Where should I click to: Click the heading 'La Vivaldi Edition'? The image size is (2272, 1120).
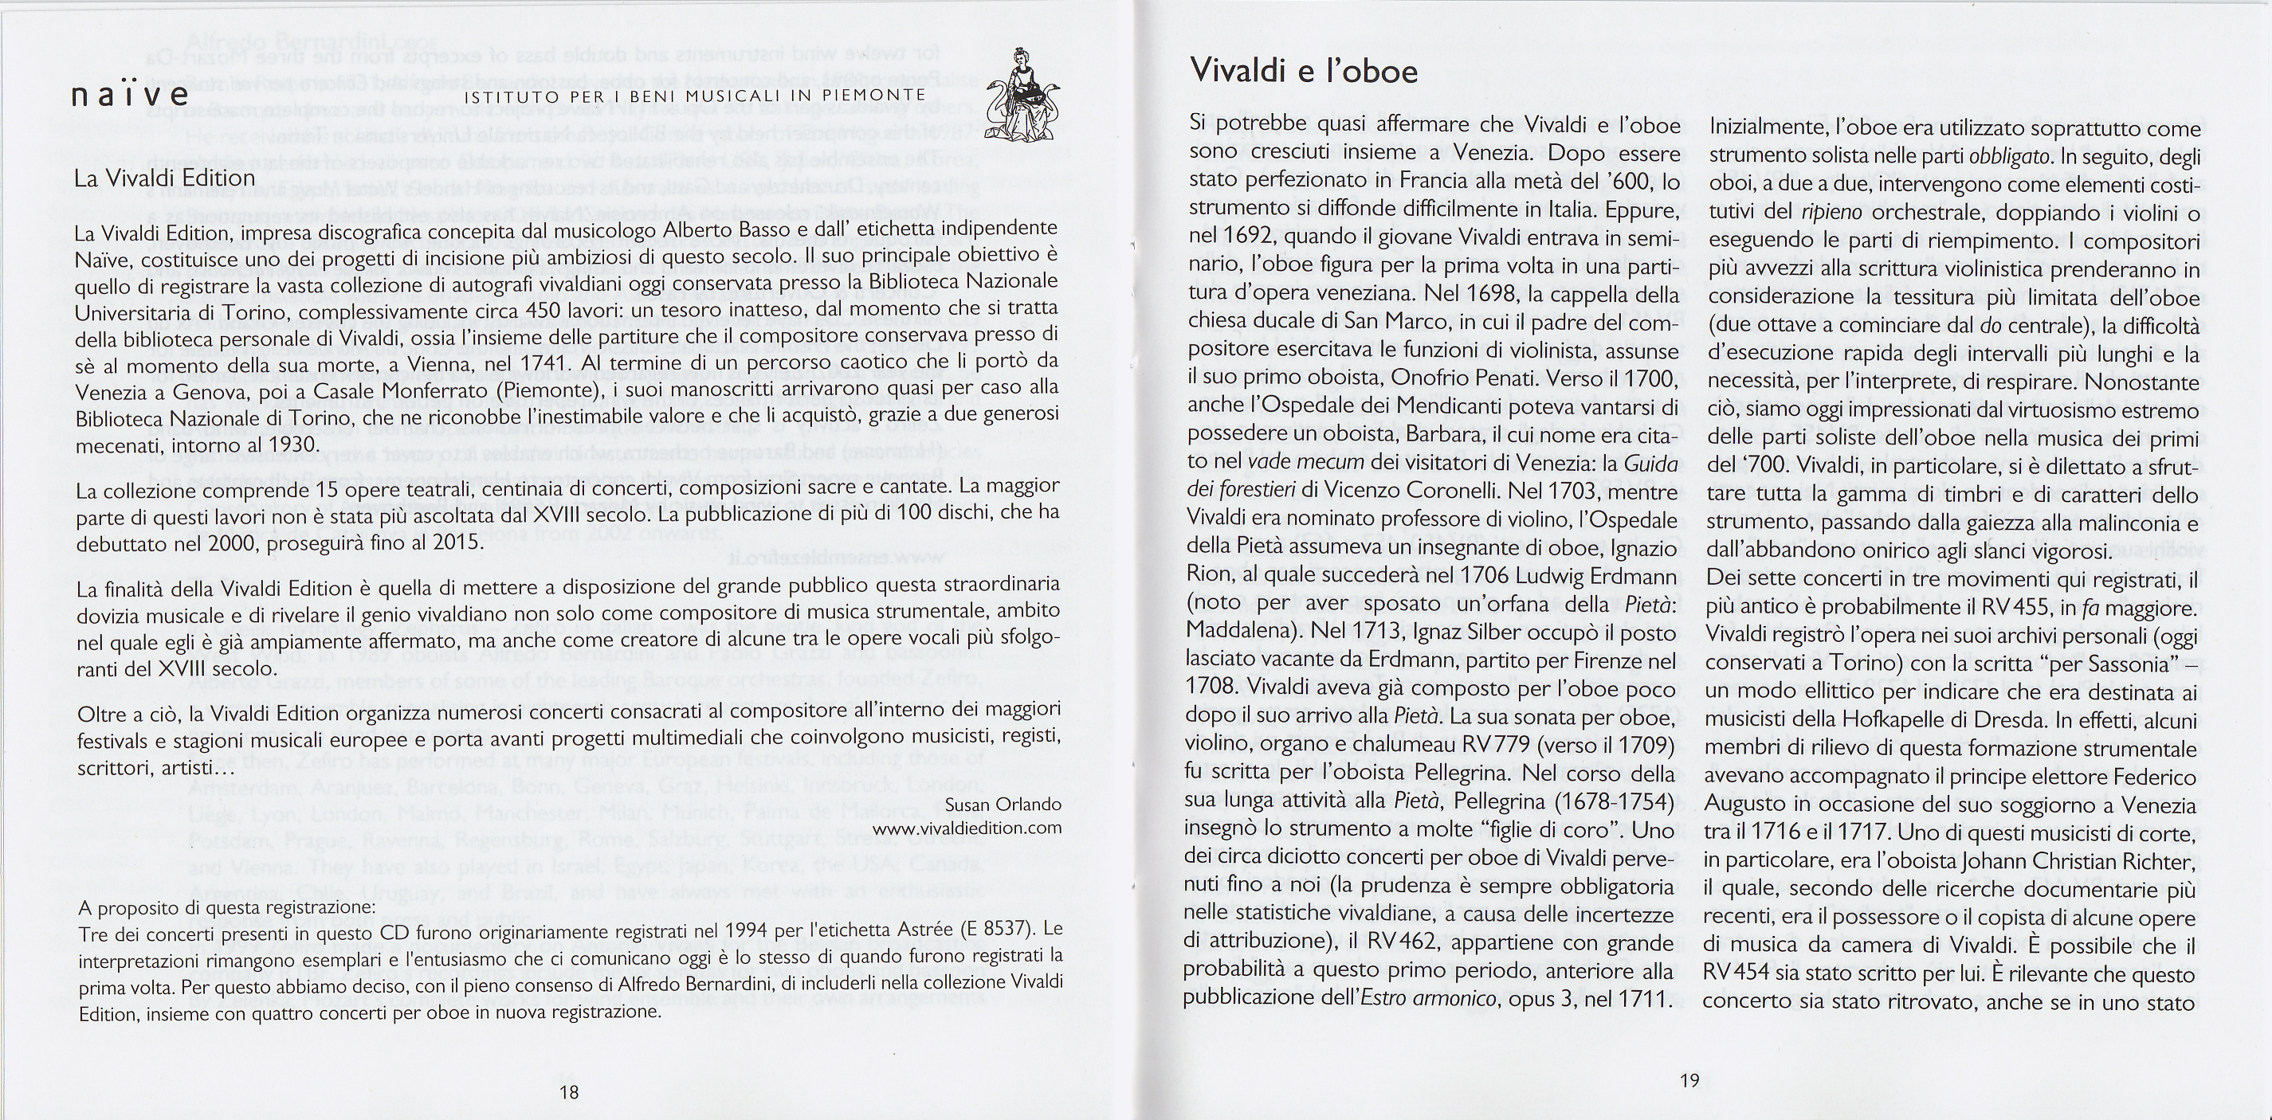coord(165,178)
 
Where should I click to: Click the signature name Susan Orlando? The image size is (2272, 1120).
coord(1003,805)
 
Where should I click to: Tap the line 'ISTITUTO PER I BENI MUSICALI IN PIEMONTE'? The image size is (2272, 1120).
coord(695,96)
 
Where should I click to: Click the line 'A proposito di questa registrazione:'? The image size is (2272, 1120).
coord(226,907)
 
